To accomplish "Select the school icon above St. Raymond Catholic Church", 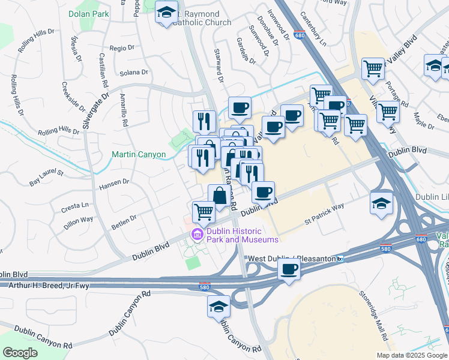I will point(167,11).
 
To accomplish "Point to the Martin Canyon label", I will point(139,154).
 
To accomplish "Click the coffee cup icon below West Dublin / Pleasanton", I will point(289,269).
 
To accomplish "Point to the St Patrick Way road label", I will point(324,214).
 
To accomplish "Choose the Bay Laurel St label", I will point(46,176).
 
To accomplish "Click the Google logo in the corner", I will point(20,352).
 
